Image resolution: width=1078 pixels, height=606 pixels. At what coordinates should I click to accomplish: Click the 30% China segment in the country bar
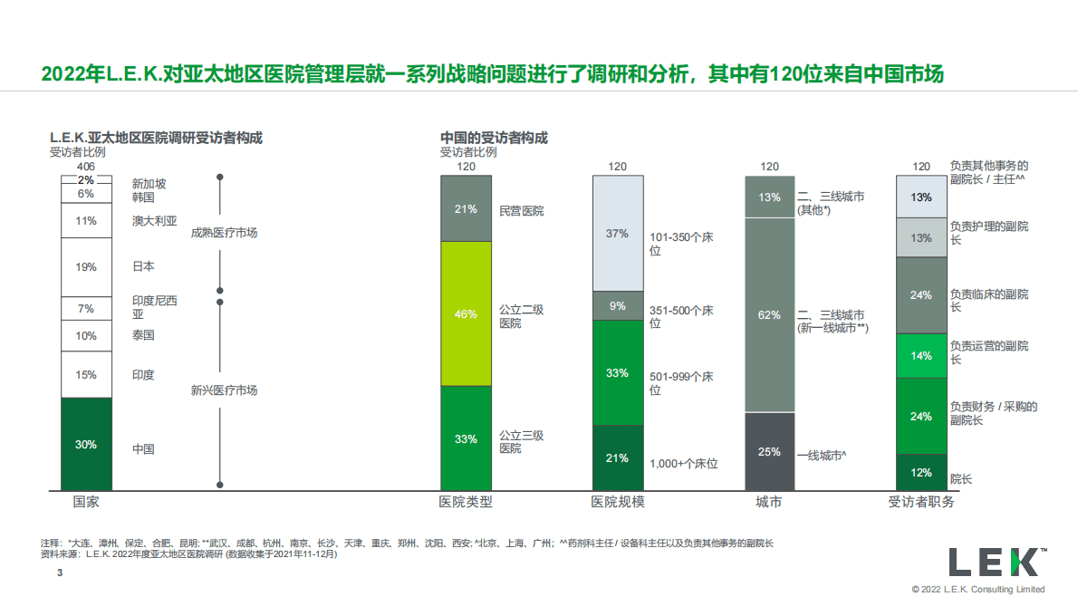86,444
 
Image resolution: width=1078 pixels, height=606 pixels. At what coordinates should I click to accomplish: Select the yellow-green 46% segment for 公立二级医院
466,313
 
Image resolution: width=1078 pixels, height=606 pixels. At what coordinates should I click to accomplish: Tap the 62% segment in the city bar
769,315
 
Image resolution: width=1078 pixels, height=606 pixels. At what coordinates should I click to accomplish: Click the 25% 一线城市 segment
769,451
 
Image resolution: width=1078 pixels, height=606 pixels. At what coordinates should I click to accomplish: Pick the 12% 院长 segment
921,472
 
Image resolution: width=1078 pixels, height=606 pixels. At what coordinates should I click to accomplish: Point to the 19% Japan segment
86,266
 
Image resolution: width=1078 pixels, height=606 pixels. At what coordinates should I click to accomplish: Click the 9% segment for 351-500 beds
617,305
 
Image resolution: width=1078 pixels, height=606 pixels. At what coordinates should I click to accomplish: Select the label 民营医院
522,210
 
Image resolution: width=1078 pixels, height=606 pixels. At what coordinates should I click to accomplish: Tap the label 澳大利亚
154,220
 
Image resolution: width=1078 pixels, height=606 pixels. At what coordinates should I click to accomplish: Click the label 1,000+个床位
683,464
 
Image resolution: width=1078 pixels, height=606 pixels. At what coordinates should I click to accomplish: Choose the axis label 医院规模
617,502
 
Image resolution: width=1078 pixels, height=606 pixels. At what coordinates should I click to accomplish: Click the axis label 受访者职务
921,502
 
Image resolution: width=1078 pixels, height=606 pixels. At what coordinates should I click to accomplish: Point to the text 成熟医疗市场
224,233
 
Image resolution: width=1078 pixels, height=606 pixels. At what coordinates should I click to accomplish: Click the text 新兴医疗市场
224,390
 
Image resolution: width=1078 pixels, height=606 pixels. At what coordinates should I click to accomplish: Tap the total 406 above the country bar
86,167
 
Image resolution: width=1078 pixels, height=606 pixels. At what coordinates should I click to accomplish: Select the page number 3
60,573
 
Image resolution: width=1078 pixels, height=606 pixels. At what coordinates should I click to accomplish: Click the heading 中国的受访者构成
494,139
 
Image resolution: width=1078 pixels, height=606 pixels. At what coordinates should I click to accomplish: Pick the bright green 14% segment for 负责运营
921,356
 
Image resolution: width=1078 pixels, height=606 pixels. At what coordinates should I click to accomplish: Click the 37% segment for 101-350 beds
617,233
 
